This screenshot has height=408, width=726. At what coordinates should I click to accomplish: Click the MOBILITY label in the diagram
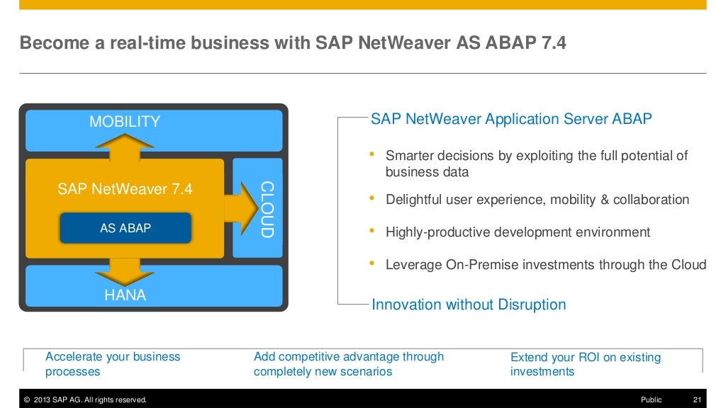125,122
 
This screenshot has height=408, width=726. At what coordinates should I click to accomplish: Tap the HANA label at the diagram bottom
125,295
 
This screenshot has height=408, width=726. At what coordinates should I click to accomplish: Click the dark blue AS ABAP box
125,228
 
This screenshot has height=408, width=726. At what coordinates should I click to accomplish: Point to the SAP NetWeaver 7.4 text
125,189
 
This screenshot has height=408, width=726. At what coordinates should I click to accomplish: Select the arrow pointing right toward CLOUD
240,208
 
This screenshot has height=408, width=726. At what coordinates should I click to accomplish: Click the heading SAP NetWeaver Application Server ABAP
511,119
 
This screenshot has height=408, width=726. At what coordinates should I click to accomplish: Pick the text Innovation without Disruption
469,305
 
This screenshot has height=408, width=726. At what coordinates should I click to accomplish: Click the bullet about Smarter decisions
536,164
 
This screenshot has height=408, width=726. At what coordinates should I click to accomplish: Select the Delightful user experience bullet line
537,200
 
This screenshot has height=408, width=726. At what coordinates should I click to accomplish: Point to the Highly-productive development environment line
518,232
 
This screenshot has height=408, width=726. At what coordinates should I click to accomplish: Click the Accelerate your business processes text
113,364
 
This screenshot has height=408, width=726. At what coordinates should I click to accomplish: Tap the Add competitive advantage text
349,364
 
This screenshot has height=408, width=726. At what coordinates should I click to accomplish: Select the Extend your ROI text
585,364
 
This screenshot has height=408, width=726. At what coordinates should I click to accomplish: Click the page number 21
696,400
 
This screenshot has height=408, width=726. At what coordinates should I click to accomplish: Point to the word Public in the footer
651,400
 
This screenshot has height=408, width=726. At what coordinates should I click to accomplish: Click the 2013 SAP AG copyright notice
85,400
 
